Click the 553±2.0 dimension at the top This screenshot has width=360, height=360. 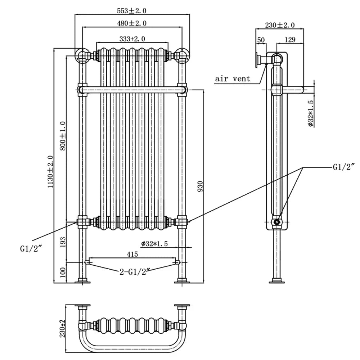point(132,11)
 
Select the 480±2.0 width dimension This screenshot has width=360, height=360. point(132,23)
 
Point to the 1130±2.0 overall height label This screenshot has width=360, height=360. point(51,171)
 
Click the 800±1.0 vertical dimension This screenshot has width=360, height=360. point(63,136)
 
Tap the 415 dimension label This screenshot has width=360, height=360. point(132,254)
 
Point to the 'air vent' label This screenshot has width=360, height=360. point(233,79)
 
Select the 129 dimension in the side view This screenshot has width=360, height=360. point(290,40)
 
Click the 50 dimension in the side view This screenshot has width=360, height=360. point(261,40)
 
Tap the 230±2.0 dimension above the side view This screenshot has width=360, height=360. point(280,25)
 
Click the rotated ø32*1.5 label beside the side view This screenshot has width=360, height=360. point(311,113)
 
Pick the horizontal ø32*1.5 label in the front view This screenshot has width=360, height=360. point(155,244)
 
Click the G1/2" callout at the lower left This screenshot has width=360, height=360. point(32,248)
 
